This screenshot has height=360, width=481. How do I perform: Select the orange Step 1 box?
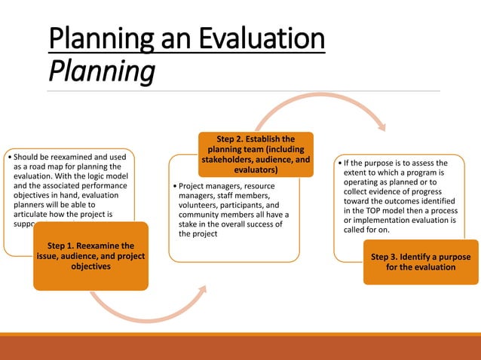pos(90,256)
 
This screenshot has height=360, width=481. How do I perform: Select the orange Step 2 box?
pos(256,154)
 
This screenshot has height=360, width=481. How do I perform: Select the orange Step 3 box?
pos(421,262)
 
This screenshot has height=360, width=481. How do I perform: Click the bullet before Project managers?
pos(175,185)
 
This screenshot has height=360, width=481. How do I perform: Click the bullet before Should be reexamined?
pos(7,157)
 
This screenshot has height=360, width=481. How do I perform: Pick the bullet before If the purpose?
pos(339,163)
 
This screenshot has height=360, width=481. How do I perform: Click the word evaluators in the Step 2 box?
pos(256,169)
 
